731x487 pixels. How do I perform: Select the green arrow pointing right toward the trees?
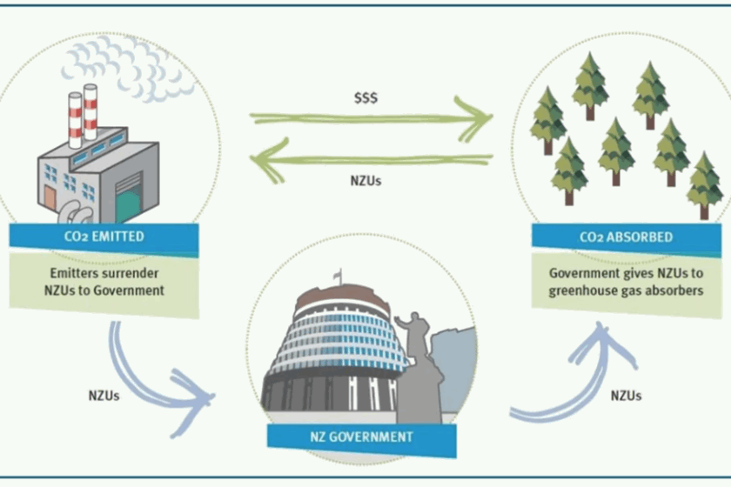[374, 119]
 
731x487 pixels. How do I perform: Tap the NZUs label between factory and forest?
[364, 182]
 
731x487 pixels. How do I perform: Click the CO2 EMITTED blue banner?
[104, 237]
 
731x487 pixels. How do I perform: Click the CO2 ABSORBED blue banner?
[626, 237]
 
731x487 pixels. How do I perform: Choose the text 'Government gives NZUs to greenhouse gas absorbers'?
[626, 282]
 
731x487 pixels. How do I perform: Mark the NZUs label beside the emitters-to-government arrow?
[104, 395]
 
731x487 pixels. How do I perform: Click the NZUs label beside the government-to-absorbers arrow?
[626, 396]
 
